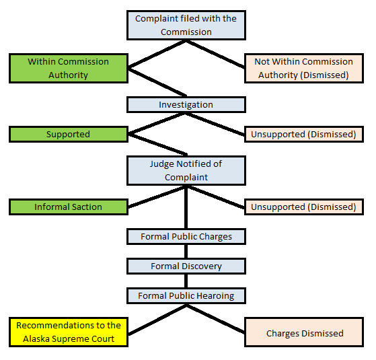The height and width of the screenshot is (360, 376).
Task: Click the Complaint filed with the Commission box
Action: tap(186, 25)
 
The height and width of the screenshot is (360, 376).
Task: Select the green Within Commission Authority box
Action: tap(69, 69)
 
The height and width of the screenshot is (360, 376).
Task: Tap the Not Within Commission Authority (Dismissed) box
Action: tap(304, 69)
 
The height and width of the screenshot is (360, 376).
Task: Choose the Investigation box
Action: tap(186, 104)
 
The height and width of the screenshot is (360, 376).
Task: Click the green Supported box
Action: tap(69, 135)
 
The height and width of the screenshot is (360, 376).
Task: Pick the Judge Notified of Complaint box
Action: tap(186, 170)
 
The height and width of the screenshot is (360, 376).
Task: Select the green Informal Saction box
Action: tap(69, 207)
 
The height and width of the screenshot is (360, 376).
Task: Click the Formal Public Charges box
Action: tap(186, 237)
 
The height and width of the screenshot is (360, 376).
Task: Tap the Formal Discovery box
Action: tap(186, 266)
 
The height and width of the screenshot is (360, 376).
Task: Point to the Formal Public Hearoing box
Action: tap(186, 295)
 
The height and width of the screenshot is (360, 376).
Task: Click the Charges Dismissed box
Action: tap(304, 332)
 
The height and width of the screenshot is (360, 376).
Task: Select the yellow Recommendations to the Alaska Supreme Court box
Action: tap(69, 332)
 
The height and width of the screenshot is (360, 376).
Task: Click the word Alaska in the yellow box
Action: tap(36, 339)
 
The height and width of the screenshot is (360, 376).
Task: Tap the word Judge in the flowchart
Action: tap(162, 164)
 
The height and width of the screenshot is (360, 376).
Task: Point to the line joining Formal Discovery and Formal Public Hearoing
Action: tap(186, 281)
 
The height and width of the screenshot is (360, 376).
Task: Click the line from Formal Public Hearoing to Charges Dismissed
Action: tap(215, 319)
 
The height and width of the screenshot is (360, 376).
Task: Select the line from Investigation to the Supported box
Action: tap(157, 123)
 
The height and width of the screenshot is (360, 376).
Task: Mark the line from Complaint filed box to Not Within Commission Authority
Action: tap(215, 55)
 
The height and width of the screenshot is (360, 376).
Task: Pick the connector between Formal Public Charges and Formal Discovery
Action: tap(186, 252)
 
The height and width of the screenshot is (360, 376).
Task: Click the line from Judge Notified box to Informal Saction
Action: tap(157, 196)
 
